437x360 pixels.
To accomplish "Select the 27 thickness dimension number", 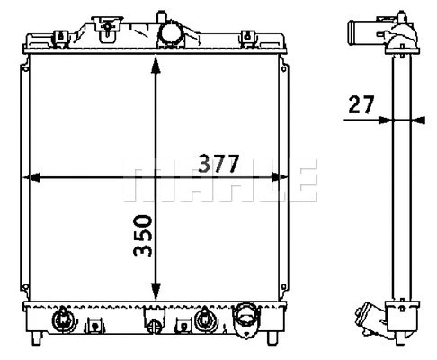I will pyautogui.click(x=361, y=103).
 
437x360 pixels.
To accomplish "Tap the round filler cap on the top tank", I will pyautogui.click(x=170, y=32).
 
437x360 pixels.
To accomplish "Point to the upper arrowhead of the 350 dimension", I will pyautogui.click(x=156, y=64).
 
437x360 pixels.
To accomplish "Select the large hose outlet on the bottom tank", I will pyautogui.click(x=245, y=319).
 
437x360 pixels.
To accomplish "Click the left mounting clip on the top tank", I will pyautogui.click(x=59, y=38).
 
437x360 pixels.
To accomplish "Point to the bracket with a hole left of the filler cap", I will pyautogui.click(x=107, y=27).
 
